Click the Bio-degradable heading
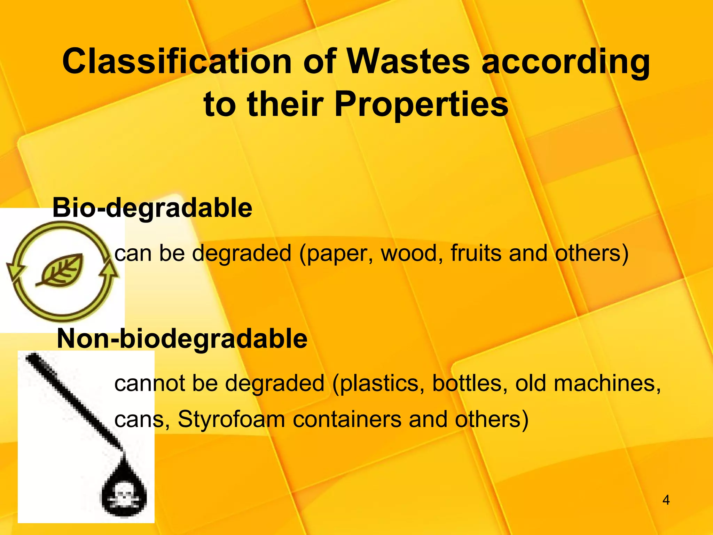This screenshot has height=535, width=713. click(x=152, y=208)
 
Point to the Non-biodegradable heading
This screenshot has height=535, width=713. click(x=182, y=339)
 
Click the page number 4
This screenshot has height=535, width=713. click(x=666, y=500)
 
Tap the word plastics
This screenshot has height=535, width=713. click(x=381, y=384)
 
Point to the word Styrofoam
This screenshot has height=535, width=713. click(x=231, y=419)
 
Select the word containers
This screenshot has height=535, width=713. click(x=347, y=419)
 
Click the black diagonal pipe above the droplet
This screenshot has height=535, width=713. click(x=73, y=401)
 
